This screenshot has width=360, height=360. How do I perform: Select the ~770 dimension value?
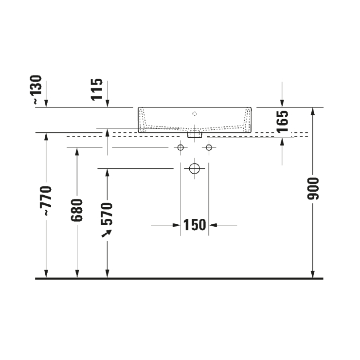pos(46,200)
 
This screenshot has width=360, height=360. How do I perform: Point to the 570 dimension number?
pos(107,213)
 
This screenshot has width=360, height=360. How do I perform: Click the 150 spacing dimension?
pos(195,225)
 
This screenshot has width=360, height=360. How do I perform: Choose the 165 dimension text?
pos(283,122)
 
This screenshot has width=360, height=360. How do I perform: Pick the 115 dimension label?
pos(97,89)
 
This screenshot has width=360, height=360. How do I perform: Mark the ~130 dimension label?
pos(37,90)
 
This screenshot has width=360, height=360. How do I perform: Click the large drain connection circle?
pos(195,169)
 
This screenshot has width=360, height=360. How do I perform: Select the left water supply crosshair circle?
pos(180,147)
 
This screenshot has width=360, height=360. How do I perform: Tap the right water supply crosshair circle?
pos(209,147)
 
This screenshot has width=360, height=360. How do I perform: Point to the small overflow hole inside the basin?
pos(195,114)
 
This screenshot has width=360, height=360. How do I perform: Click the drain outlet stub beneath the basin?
pos(195,134)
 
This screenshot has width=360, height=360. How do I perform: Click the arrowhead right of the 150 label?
pos(214,225)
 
